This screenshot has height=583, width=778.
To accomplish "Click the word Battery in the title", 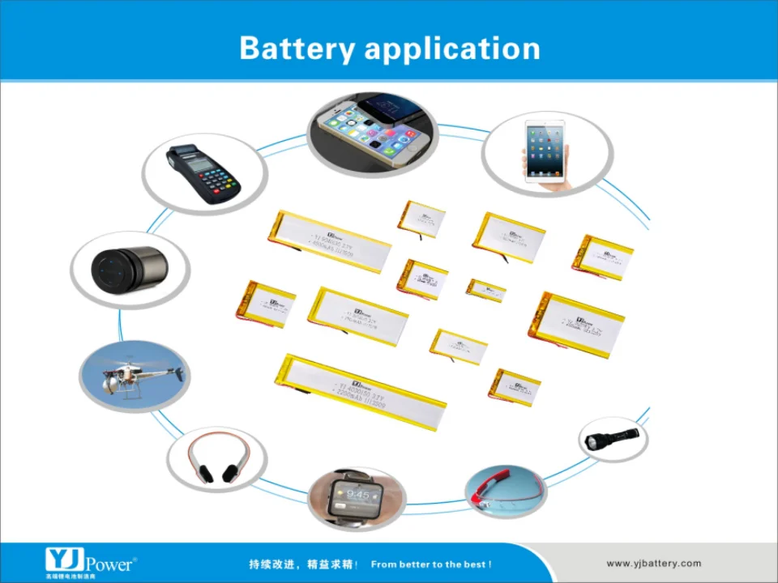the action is pos(297,49).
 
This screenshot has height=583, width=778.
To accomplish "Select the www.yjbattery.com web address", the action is pos(653,564).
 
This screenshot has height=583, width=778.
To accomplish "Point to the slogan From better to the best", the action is pos(431,564).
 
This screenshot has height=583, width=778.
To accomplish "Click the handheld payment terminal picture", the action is pos(204,173).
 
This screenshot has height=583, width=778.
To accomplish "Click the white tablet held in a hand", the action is pos(547,152).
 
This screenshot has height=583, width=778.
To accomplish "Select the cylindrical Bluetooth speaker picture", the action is pos(129,269).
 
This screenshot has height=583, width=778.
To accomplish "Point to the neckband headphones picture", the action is pos(217,458).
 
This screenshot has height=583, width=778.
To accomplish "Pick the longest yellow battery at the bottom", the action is pos(361,390).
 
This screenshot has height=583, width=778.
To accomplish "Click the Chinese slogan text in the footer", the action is pos(304,564).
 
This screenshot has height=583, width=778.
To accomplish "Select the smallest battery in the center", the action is pos(486,290).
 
